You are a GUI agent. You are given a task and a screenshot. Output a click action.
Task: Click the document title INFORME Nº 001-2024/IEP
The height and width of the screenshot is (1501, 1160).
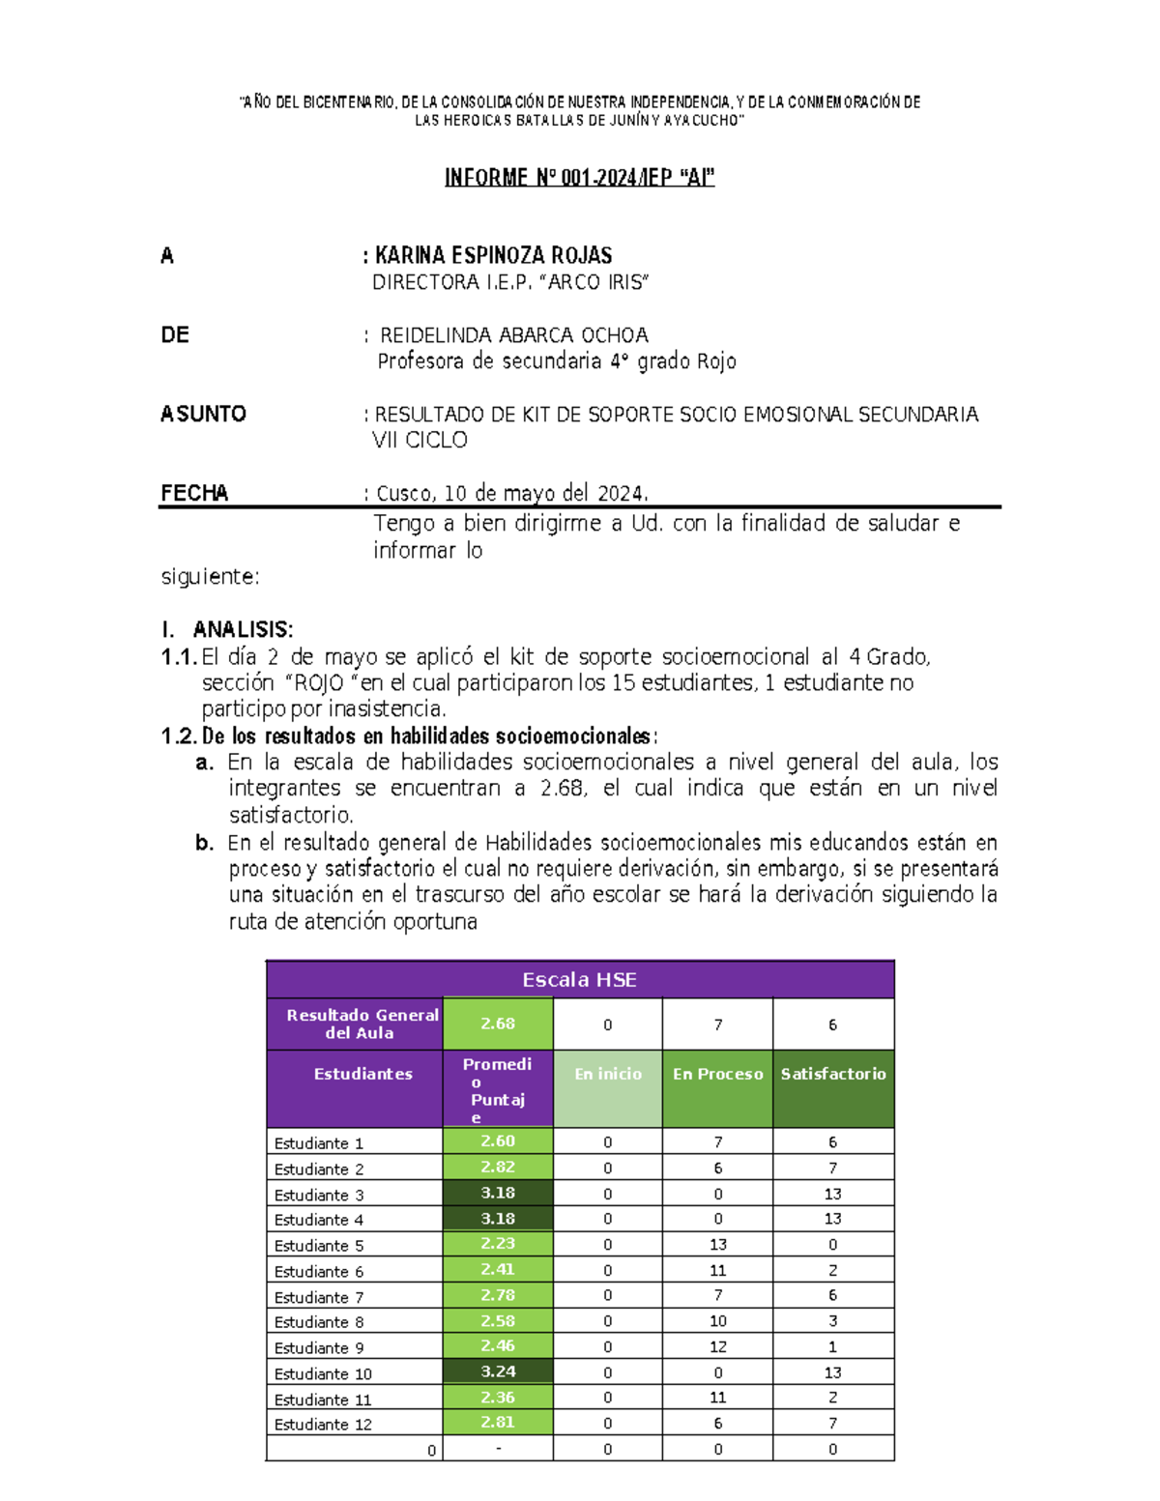coord(579,177)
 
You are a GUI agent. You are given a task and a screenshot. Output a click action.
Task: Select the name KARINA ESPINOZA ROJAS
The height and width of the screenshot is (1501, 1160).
coord(493,255)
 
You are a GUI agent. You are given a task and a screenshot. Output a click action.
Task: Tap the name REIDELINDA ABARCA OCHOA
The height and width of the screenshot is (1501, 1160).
coord(513,335)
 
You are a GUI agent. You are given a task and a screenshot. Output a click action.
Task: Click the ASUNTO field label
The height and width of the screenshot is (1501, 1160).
coord(203,414)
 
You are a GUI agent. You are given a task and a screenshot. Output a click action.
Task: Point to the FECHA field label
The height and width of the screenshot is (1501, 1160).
coord(194,493)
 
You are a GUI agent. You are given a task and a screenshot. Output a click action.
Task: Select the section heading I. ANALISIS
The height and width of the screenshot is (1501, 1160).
coord(228,629)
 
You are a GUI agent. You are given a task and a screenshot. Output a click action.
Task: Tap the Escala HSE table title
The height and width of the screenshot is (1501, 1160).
coord(579,979)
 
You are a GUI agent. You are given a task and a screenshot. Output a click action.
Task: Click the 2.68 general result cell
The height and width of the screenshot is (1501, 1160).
coord(498,1024)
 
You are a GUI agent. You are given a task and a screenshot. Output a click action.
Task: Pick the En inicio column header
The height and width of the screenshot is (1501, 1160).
coord(607,1074)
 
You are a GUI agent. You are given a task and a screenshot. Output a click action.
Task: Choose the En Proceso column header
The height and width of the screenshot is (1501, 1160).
coord(717,1074)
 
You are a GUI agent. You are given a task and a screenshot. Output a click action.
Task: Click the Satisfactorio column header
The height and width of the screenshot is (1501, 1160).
coord(832,1074)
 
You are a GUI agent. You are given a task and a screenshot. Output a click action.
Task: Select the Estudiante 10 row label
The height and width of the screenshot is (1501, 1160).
coord(323,1373)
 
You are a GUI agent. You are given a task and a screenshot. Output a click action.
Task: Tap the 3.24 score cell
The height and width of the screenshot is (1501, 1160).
coord(498,1371)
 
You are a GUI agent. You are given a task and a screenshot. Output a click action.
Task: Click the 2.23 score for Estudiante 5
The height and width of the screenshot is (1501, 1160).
coord(498,1244)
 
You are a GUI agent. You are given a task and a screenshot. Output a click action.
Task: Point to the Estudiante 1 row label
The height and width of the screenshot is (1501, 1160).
coord(318,1143)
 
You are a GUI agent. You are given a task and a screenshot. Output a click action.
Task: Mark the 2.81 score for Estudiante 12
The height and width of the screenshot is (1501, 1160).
coord(498,1422)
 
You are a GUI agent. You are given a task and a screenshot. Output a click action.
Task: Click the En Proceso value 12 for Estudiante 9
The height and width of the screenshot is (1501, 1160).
coord(717,1346)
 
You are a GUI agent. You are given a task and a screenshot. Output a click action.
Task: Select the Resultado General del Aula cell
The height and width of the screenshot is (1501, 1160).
coord(360,1024)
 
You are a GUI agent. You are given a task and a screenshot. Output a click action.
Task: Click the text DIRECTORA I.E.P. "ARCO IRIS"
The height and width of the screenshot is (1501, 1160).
coord(510,282)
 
